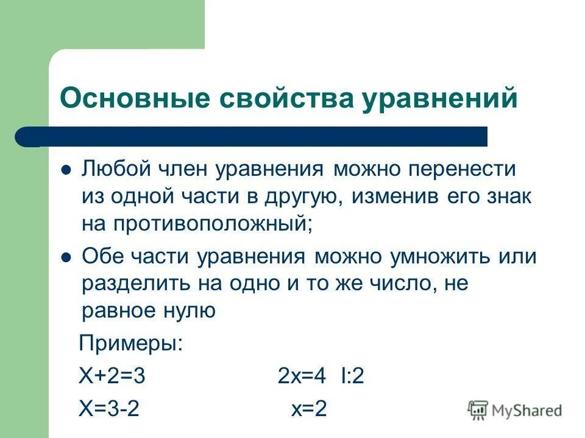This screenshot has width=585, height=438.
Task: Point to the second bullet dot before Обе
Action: coord(67,257)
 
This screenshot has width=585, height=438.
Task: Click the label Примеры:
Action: coord(131,344)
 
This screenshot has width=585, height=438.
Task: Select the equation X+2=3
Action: coord(112,377)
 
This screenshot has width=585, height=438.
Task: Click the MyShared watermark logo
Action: coord(515,411)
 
